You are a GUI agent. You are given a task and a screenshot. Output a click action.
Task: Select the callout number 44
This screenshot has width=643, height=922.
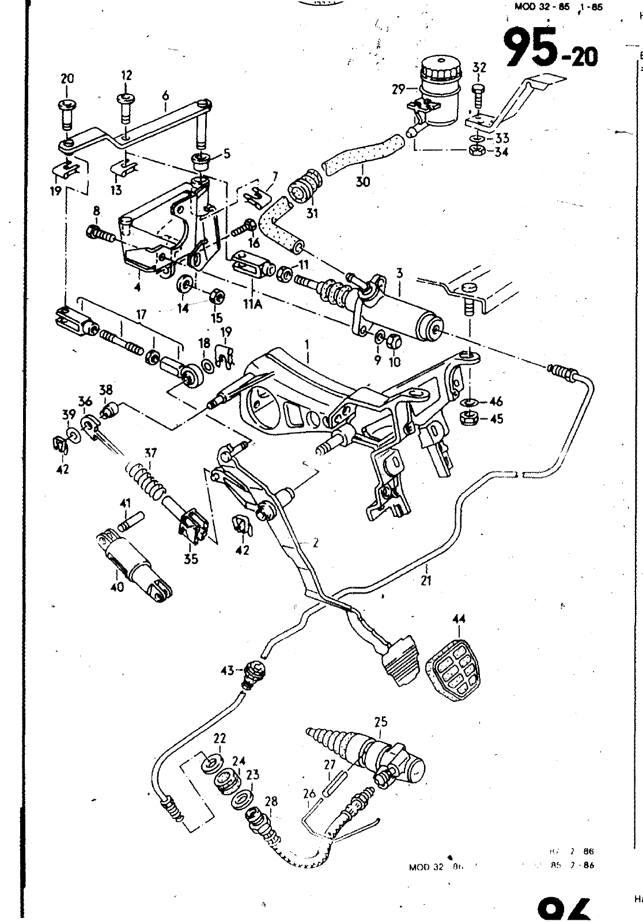(x=459, y=619)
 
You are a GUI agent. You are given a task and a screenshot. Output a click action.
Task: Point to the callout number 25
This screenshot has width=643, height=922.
(x=380, y=721)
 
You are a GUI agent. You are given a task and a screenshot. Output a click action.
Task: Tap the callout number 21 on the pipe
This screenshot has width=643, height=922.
(x=426, y=580)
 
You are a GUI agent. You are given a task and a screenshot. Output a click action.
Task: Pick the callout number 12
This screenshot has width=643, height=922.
(x=127, y=75)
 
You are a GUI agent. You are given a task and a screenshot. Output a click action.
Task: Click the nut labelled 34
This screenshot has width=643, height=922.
(x=476, y=151)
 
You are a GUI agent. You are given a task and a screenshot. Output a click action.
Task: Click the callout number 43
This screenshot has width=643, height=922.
(x=227, y=670)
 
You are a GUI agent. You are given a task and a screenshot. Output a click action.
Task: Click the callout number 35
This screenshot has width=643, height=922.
(x=191, y=558)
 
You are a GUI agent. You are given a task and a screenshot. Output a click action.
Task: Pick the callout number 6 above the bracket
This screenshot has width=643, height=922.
(x=165, y=92)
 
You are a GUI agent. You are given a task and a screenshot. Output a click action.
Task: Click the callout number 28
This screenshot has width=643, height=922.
(x=271, y=802)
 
